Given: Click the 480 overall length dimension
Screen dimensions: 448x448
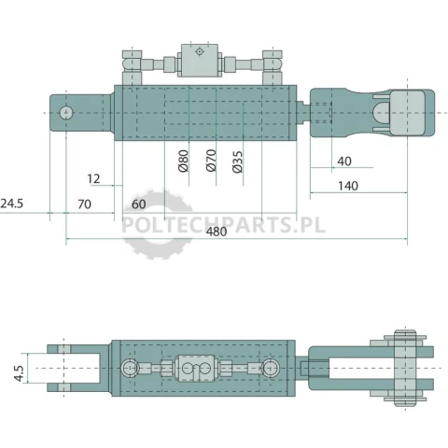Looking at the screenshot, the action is point(217,231).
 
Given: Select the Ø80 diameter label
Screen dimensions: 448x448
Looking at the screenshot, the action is point(184,161).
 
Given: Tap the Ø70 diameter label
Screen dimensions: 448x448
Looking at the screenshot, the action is point(211,161).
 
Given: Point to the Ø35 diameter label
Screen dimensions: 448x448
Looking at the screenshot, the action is point(237,161).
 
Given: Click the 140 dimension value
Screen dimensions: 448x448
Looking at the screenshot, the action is point(348,186).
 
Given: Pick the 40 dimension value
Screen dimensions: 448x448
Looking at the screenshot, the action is point(344,161).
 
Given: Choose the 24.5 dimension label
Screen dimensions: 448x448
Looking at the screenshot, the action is point(12,203).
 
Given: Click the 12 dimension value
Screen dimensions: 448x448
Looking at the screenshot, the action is point(93,179).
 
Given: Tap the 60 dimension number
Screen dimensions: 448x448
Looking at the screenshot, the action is point(139,204).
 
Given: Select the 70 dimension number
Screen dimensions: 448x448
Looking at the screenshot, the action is point(84,204).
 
